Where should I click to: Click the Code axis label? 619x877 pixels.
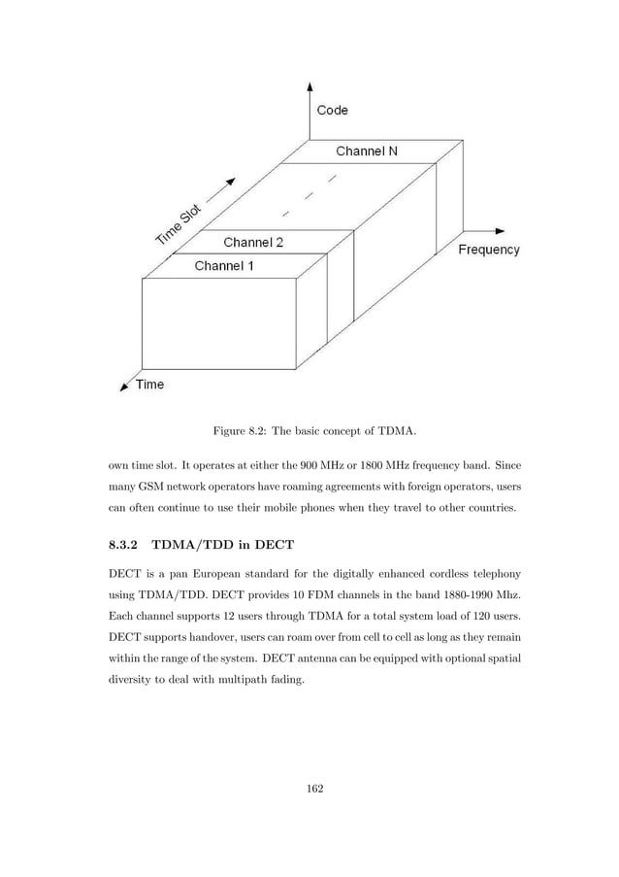coord(332,111)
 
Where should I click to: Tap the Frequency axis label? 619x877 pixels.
coord(488,250)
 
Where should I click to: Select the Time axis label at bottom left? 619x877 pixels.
coord(148,384)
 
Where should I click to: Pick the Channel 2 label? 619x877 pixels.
coord(254,241)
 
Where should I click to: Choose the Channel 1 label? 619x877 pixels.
coord(224,265)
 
